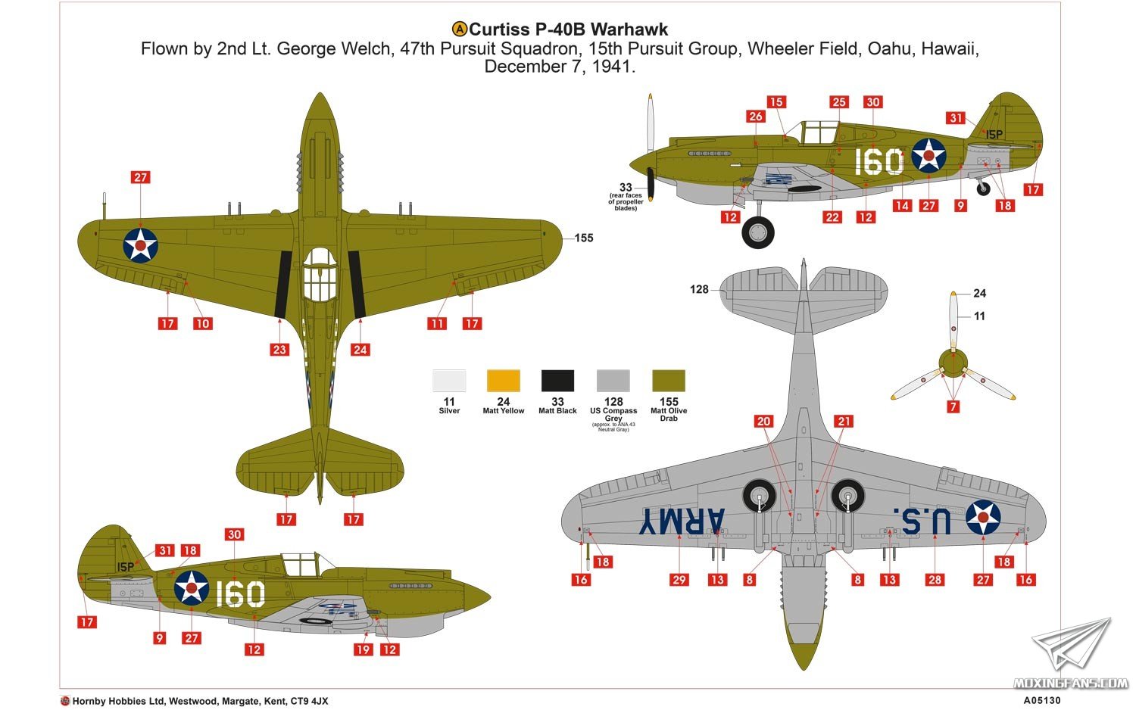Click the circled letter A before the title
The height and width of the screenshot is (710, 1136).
click(460, 30)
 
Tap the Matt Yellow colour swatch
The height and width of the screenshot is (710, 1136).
click(503, 381)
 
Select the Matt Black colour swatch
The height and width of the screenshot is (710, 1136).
click(557, 381)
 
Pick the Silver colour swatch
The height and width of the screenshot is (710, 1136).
click(449, 381)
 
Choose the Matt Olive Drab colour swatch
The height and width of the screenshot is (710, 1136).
click(669, 381)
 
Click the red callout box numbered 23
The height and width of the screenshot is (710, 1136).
click(279, 350)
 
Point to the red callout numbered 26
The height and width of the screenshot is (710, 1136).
click(756, 116)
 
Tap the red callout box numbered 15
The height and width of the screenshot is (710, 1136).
click(776, 102)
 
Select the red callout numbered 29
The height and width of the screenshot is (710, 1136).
click(679, 580)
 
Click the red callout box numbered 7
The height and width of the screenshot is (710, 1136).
click(953, 406)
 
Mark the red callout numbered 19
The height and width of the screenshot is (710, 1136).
click(363, 649)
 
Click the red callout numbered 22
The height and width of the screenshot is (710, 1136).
click(832, 217)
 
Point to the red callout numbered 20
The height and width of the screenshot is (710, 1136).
click(763, 421)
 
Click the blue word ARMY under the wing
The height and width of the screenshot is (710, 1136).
click(682, 521)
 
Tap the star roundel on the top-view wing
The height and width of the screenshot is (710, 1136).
click(140, 245)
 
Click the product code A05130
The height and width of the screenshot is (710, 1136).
click(1041, 700)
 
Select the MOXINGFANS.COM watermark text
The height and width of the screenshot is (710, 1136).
click(1071, 684)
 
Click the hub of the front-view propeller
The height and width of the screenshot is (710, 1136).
click(953, 363)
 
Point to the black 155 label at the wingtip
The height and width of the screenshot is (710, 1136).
click(584, 238)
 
